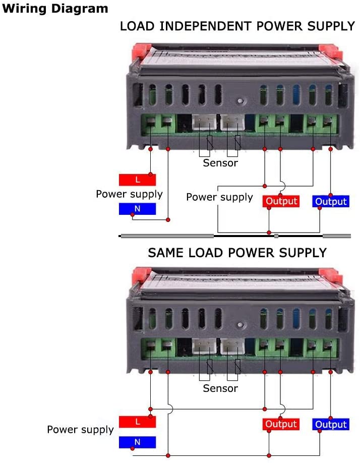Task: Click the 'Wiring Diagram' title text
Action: pyautogui.click(x=55, y=9)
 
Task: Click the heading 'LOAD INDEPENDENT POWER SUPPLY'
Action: pyautogui.click(x=237, y=26)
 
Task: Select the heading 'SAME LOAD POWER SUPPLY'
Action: pyautogui.click(x=237, y=252)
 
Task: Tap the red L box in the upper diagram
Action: pyautogui.click(x=137, y=180)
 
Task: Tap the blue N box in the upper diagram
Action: pyautogui.click(x=137, y=209)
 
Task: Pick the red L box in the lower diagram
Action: pyautogui.click(x=137, y=421)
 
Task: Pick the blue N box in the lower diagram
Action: pyautogui.click(x=137, y=442)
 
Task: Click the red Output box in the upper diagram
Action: pyautogui.click(x=281, y=201)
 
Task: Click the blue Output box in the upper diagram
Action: pyautogui.click(x=331, y=201)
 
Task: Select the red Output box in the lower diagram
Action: pyautogui.click(x=281, y=424)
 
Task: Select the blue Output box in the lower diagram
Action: pyautogui.click(x=331, y=424)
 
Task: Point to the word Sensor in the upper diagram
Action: pyautogui.click(x=220, y=163)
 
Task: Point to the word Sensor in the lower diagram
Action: pyautogui.click(x=220, y=388)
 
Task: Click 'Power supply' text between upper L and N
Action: pyautogui.click(x=129, y=194)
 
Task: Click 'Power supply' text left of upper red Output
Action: pyautogui.click(x=219, y=197)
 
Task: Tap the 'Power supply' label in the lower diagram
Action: pyautogui.click(x=80, y=430)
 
